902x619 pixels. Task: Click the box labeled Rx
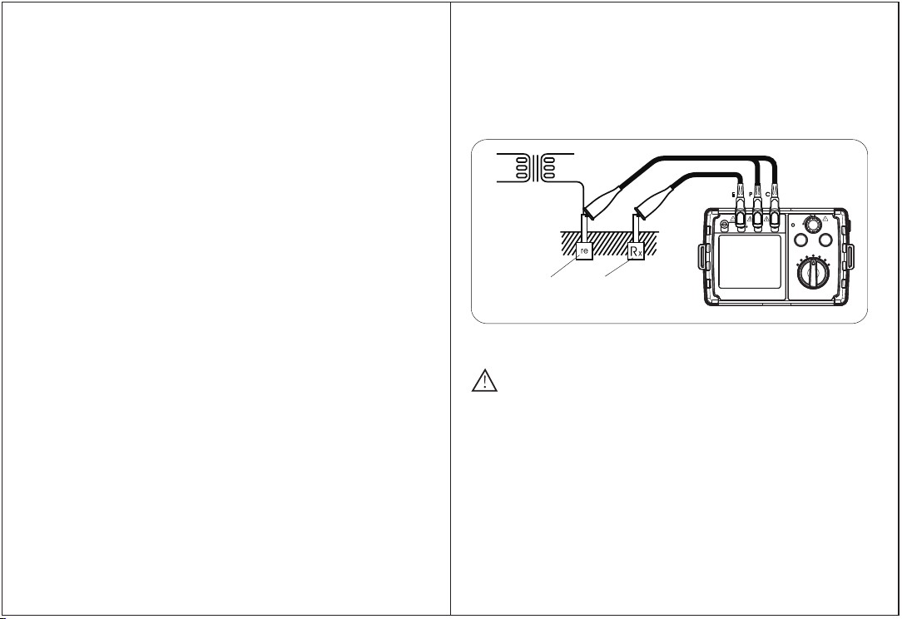click(637, 250)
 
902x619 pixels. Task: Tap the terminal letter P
click(750, 195)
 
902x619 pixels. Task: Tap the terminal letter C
click(767, 195)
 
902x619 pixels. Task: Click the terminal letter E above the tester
click(733, 195)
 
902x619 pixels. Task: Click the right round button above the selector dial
click(826, 241)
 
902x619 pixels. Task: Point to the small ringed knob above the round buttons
click(811, 223)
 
